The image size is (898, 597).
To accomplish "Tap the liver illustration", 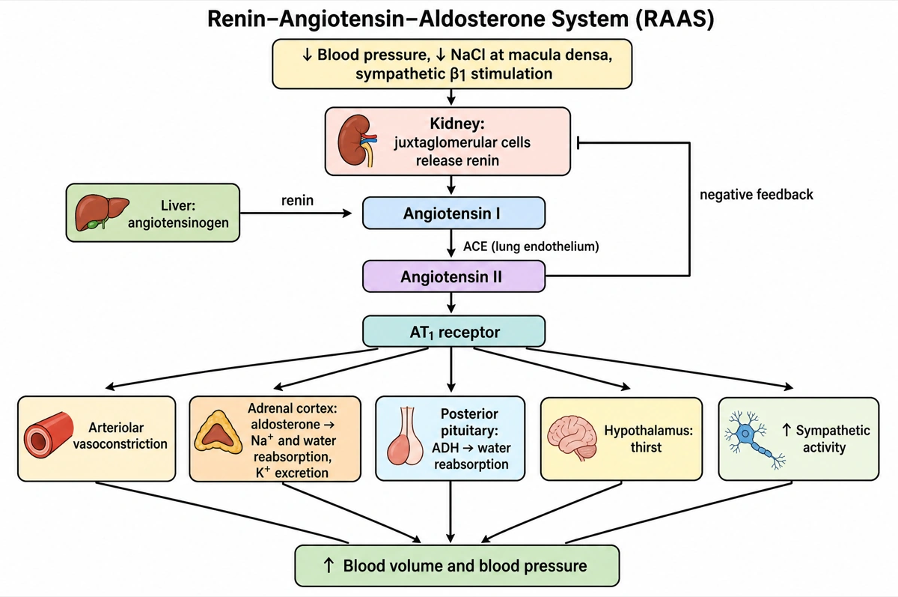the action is coord(102,213).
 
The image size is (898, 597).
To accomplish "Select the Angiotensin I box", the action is coord(453,213).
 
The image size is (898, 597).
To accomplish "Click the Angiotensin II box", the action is coord(453,276).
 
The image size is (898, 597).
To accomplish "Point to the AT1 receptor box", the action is coord(453,331).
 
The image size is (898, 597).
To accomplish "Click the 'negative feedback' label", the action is coord(756,195).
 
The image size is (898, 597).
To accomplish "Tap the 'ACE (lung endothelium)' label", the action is coord(531,246).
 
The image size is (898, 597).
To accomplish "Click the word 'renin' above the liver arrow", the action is coord(297,200).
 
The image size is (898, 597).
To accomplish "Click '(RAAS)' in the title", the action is coord(675,19).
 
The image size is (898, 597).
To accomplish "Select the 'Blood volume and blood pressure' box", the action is coord(457,566).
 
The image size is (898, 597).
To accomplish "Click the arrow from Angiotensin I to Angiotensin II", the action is coord(451,243).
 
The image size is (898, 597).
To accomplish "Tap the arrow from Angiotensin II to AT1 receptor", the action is coord(451,303).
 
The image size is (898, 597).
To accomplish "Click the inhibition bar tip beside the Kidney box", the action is coord(578,143).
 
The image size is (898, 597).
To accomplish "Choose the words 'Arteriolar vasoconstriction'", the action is coord(120,436).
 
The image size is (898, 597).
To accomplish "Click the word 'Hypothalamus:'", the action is coord(648,431).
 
